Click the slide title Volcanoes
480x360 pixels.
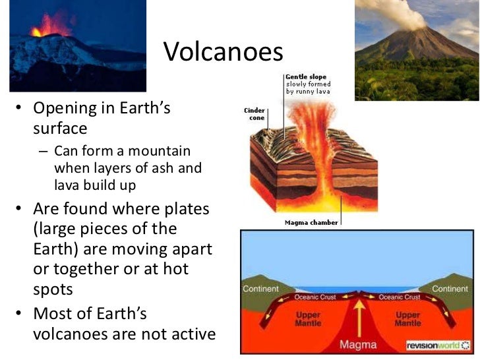tap(222, 52)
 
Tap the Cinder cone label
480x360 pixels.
tap(255, 113)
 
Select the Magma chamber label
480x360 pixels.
tap(311, 223)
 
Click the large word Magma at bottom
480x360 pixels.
tap(359, 344)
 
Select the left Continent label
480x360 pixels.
tap(261, 289)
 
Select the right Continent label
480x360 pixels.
tap(450, 289)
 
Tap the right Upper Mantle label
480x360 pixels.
tap(407, 319)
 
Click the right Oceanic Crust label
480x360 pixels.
tap(401, 297)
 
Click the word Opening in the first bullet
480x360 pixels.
tap(63, 108)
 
